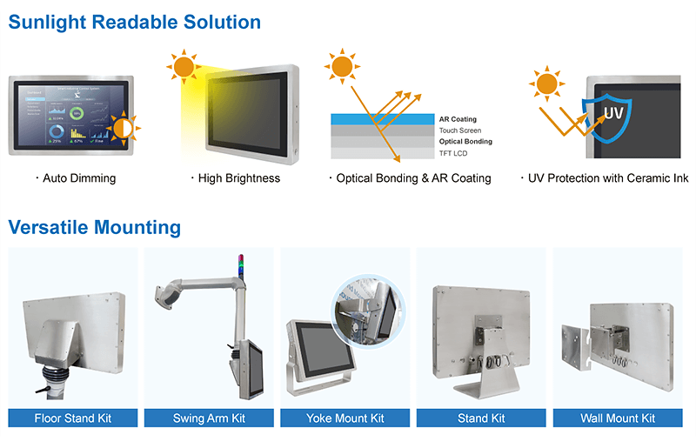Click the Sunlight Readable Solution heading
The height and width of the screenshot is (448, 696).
[x=135, y=23]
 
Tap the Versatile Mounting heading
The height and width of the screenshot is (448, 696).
[x=95, y=228]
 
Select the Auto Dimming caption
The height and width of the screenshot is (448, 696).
[x=76, y=178]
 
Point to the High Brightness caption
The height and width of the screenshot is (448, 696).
[x=235, y=178]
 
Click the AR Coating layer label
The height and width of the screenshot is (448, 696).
[x=458, y=119]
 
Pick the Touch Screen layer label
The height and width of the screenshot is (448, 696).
[x=459, y=130]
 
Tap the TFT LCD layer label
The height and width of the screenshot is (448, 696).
[x=453, y=152]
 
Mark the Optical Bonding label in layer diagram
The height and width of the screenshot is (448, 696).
[x=465, y=141]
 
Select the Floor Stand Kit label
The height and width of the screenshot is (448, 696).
[x=73, y=418]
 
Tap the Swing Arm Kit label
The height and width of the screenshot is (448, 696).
[x=209, y=418]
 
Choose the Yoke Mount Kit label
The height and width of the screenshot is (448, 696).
[x=345, y=418]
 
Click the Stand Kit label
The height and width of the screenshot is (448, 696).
[x=481, y=418]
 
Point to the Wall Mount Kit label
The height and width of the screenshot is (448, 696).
[x=618, y=418]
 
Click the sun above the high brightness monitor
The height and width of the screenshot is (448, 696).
[x=184, y=66]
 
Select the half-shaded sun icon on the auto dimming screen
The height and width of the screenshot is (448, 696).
[x=122, y=130]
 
